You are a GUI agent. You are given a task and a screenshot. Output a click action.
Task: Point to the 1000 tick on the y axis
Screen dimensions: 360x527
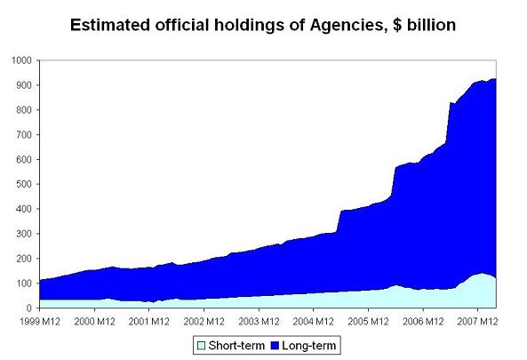pyautogui.click(x=20, y=60)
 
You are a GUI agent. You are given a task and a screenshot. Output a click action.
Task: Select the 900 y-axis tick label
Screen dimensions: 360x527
pyautogui.click(x=23, y=85)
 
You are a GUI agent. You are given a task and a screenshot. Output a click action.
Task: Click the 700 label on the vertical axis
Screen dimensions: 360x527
pyautogui.click(x=23, y=135)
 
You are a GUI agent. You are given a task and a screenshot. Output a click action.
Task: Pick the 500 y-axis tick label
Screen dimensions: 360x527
pyautogui.click(x=23, y=184)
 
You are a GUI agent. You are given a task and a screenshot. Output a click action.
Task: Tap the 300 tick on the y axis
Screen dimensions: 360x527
pyautogui.click(x=23, y=234)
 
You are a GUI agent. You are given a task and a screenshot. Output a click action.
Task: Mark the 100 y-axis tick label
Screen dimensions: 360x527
pyautogui.click(x=23, y=284)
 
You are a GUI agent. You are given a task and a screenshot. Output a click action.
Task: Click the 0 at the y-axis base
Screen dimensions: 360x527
pyautogui.click(x=28, y=308)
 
